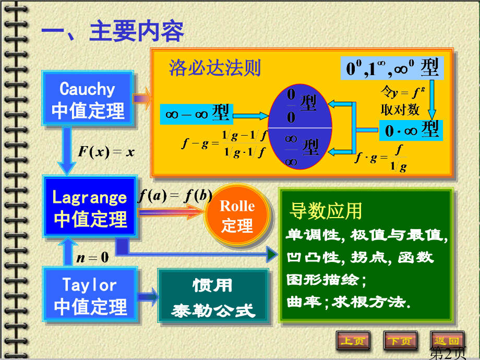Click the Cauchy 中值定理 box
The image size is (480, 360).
88,98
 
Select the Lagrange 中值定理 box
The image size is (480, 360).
90,207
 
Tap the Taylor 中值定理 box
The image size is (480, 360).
90,294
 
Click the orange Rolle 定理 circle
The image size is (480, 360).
238,215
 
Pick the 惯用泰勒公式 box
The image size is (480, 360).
213,296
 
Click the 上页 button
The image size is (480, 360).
353,340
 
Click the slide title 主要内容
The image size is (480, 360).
137,31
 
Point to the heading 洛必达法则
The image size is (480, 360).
215,68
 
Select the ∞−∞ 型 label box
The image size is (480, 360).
197,114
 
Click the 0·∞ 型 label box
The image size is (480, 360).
411,130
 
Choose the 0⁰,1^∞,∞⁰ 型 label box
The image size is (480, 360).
392,68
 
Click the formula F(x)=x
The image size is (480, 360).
106,151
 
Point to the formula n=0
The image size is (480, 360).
92,257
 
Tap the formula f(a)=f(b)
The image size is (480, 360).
175,196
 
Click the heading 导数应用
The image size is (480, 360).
326,211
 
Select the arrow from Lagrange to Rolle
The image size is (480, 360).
172,212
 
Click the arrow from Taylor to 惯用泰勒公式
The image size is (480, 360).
148,297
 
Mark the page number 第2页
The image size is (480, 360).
448,353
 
